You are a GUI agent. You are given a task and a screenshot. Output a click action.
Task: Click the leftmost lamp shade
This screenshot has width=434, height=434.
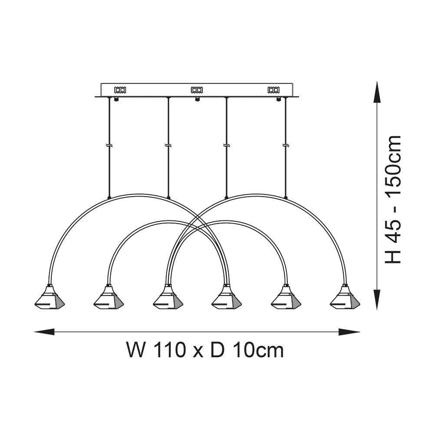[x=49, y=299]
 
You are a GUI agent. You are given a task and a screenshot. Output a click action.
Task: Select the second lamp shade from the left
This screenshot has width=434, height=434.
[x=108, y=299]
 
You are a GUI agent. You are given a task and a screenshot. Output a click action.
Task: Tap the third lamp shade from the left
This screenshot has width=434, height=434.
[x=168, y=299]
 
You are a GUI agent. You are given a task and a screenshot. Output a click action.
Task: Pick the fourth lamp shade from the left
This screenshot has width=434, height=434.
[x=227, y=299]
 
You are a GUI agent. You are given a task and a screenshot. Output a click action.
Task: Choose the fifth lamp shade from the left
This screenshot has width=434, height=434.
[x=286, y=299]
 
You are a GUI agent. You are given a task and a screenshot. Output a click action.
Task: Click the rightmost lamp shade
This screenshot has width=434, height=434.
[x=345, y=299]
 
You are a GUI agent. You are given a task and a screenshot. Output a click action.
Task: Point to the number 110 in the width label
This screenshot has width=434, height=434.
[x=169, y=350]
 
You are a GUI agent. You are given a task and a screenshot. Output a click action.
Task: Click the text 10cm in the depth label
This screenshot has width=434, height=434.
[x=258, y=350]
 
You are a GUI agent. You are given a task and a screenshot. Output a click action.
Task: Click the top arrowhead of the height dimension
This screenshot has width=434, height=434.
[x=377, y=91]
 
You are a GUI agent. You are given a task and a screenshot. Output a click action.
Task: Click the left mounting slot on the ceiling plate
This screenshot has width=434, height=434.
[x=120, y=90]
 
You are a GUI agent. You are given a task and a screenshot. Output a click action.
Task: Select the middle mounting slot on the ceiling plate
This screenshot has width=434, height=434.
[x=197, y=90]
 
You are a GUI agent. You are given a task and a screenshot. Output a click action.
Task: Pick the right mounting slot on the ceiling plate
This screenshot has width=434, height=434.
[x=273, y=90]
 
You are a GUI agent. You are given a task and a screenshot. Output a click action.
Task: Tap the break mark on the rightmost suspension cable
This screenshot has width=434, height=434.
[x=285, y=145]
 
